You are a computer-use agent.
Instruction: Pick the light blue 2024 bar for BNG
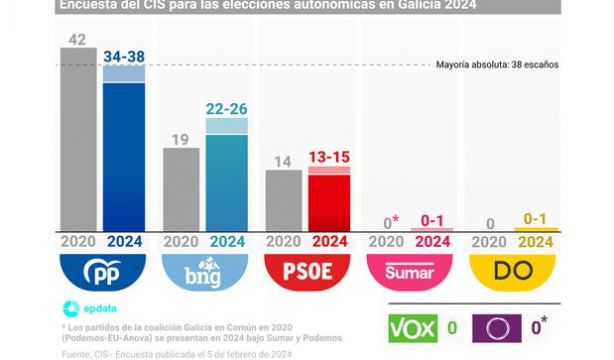(x=227, y=174)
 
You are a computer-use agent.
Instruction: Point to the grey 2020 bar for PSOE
(x=283, y=199)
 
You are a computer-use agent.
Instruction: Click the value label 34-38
(x=125, y=55)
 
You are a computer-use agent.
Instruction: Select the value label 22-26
(x=227, y=107)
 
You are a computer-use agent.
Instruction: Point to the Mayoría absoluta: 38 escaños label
(x=496, y=65)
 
